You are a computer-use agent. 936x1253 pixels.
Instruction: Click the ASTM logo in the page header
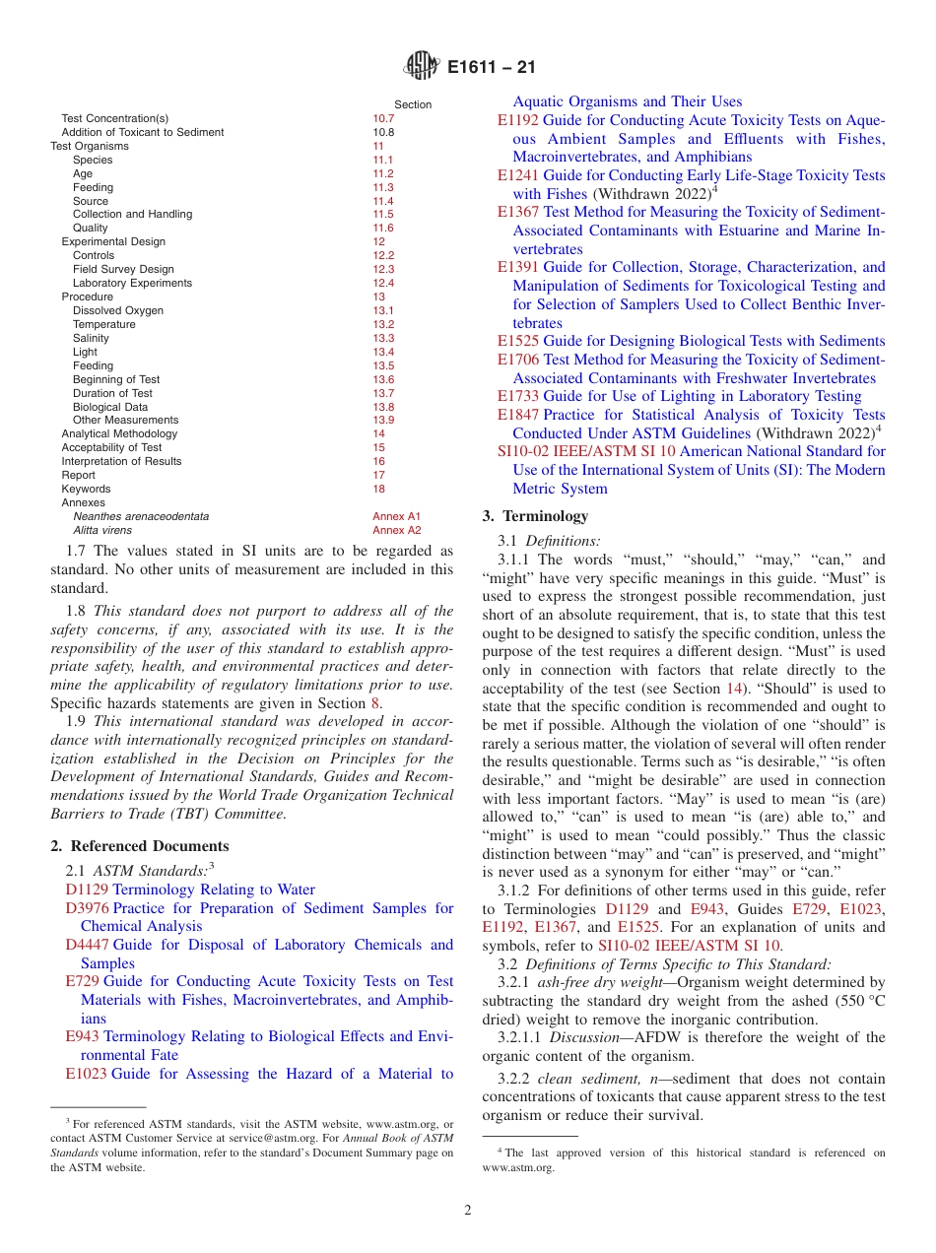tap(422, 68)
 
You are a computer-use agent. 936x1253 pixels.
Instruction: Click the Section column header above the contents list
tap(413, 104)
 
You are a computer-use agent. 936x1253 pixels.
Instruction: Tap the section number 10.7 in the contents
tap(382, 118)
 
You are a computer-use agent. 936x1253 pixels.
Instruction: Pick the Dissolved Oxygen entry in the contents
tap(118, 310)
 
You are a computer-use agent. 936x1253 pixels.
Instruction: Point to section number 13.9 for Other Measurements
tap(382, 420)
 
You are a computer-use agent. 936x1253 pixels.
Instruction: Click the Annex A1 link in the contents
tap(396, 516)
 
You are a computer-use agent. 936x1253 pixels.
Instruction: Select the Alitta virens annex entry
tap(102, 530)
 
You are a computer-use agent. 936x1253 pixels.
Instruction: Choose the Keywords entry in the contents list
tap(86, 489)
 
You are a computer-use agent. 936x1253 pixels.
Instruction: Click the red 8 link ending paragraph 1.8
tap(375, 703)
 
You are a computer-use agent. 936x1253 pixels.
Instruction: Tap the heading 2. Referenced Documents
tap(140, 846)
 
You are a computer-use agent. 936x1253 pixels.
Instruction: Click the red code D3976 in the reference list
tap(87, 908)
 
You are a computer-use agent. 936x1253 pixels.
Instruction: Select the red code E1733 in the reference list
tap(518, 396)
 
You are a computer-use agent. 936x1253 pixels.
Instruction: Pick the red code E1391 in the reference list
tap(518, 267)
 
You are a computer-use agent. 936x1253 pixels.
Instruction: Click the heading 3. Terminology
tap(535, 516)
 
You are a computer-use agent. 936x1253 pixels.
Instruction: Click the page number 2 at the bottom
tap(468, 1211)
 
